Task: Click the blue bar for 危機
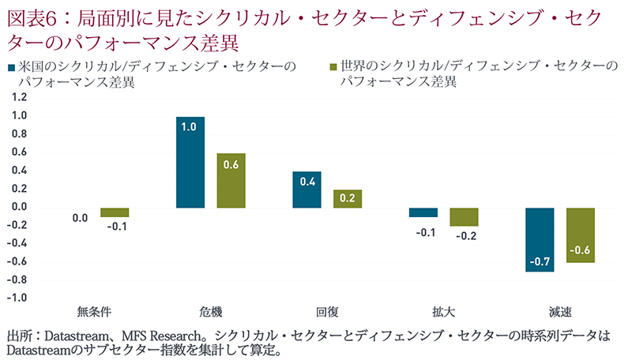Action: click(x=190, y=162)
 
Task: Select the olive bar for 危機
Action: click(x=231, y=180)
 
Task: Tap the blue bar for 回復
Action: click(x=307, y=189)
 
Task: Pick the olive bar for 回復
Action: click(x=348, y=198)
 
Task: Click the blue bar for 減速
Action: click(x=540, y=239)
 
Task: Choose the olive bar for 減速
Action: click(x=581, y=234)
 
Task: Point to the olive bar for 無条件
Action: click(x=115, y=212)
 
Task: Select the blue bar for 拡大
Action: click(x=423, y=212)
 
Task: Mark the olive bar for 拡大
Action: click(x=464, y=216)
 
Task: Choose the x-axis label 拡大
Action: click(x=443, y=309)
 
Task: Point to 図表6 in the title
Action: click(x=30, y=15)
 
